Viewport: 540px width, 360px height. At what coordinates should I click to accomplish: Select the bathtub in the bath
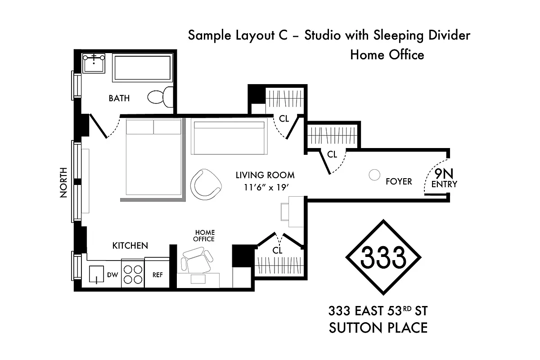click(142, 68)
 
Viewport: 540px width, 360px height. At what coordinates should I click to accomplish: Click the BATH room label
click(119, 98)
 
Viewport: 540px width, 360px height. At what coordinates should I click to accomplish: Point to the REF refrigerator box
click(157, 274)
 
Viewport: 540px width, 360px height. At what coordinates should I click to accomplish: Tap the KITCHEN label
click(130, 246)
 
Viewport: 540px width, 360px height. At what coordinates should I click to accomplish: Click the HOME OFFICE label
click(204, 236)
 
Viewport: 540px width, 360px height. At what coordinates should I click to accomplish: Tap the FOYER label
click(399, 181)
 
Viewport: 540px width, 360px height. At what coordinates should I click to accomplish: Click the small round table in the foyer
click(374, 175)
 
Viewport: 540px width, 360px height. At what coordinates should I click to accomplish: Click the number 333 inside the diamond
click(383, 257)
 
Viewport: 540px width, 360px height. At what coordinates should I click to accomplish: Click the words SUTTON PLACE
click(378, 328)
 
